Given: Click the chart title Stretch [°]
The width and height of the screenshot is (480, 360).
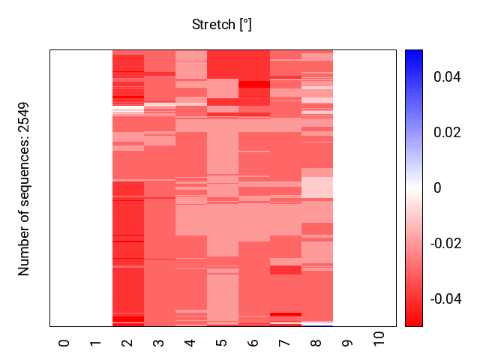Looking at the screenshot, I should (221, 25).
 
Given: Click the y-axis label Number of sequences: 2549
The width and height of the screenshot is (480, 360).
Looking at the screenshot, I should (24, 188).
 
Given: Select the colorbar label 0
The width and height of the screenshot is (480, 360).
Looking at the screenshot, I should (437, 188).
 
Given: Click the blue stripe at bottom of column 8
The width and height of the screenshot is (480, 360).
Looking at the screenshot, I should (316, 325).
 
